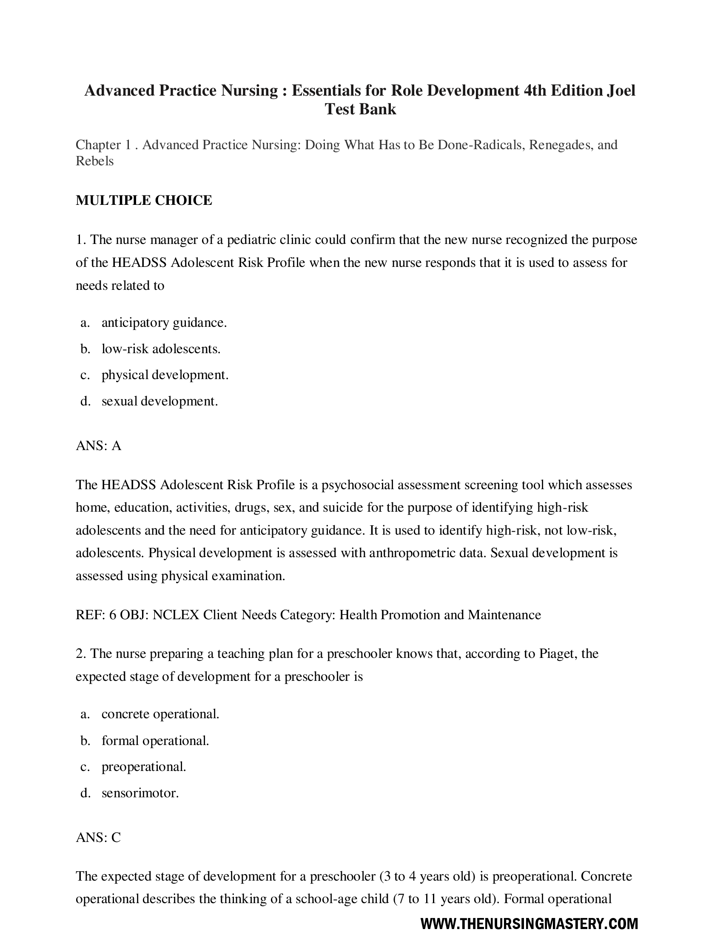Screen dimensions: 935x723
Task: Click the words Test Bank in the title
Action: point(361,109)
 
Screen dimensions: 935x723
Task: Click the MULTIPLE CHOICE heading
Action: point(144,200)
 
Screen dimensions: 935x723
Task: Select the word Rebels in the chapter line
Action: point(95,161)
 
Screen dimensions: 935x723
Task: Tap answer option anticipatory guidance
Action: point(164,323)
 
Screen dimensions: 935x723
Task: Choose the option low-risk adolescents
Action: point(161,349)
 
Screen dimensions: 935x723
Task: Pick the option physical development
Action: point(165,375)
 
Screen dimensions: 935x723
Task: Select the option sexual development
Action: point(160,401)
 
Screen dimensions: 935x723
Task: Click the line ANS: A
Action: point(99,446)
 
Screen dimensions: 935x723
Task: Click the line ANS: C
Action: point(99,837)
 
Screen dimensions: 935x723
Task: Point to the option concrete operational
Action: point(160,714)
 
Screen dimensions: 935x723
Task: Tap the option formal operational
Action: point(155,741)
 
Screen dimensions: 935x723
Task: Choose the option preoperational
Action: point(144,767)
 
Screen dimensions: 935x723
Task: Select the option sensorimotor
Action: point(140,793)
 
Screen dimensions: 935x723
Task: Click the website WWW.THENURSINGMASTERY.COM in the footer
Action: point(529,924)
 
